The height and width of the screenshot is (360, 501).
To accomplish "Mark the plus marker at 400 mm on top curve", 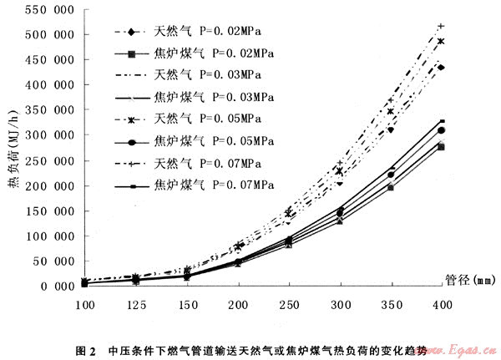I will [441, 26].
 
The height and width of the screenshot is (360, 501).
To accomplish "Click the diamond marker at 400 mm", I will [441, 68].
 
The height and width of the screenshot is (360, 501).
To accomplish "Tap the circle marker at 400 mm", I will [441, 131].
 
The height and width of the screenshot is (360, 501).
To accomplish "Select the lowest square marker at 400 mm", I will [441, 147].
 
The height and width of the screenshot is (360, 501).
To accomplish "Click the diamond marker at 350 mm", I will [390, 129].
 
